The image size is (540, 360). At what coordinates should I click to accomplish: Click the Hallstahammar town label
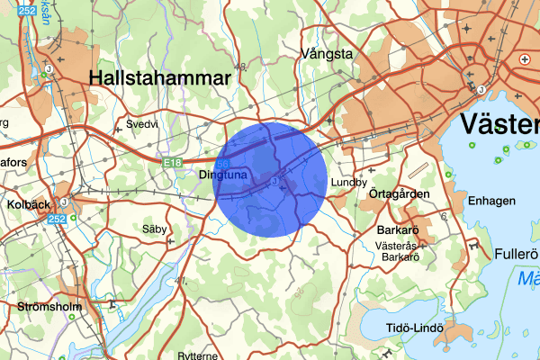point(160,78)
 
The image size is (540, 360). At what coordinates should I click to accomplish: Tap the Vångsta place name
point(328,53)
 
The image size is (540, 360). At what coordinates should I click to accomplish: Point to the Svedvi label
point(142,124)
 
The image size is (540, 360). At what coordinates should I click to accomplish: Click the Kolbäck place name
point(28,204)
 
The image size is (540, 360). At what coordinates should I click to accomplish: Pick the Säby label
point(155,229)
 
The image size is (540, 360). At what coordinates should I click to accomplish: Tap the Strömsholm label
point(49,307)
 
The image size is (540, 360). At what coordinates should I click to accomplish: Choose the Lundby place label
point(350,182)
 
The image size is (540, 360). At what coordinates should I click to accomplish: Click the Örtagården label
point(400,193)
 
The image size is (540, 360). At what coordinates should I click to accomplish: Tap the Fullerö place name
point(516,254)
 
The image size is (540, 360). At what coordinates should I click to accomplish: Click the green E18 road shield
point(174,163)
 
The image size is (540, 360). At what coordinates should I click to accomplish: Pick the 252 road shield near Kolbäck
point(58,219)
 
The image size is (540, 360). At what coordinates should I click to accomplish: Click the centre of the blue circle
point(270,180)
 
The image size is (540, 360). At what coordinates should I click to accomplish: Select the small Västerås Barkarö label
point(401,250)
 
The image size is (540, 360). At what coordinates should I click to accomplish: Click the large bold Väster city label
point(499,123)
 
